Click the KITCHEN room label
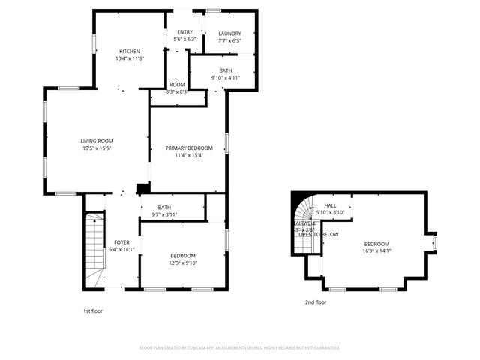129,51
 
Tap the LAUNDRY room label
229,34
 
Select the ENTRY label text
184,31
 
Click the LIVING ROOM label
97,141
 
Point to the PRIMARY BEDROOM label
189,148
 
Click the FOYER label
121,242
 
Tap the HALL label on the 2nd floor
331,205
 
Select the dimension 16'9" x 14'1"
376,252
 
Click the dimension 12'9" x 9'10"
182,262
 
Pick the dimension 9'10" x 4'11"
225,77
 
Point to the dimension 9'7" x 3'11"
164,215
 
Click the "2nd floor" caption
315,302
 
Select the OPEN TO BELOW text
319,235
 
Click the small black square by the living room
142,188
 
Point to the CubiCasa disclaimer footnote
240,348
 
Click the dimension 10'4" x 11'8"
129,58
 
